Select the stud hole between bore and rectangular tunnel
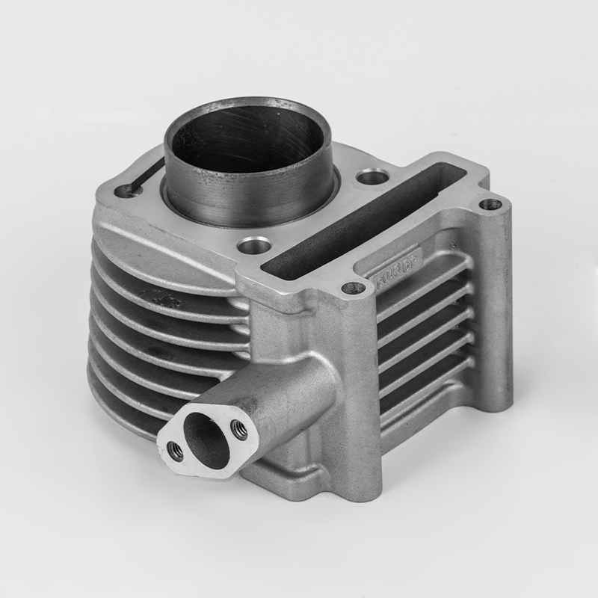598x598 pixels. [372, 177]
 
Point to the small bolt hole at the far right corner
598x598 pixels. [490, 203]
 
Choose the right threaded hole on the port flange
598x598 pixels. [239, 428]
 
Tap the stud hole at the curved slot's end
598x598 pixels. [123, 192]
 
